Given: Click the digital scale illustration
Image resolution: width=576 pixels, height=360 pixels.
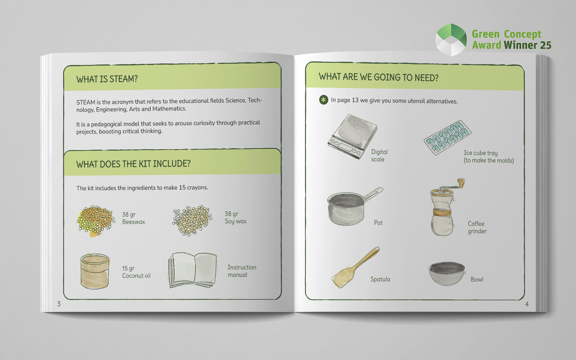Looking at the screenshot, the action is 352,136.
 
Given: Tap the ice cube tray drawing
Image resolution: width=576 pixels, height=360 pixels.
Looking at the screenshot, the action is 448,138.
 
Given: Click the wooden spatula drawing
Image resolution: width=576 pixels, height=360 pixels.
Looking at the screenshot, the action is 355,268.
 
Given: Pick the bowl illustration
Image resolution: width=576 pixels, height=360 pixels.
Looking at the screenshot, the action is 447,274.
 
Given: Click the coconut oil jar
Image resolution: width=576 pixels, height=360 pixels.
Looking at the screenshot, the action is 95,271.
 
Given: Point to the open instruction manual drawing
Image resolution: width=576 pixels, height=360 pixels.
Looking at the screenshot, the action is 192,270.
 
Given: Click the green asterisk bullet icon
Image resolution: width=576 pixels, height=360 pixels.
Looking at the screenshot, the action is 324,100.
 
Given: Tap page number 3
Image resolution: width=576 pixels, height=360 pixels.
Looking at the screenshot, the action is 59,304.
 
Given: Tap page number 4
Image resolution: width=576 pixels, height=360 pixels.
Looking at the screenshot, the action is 527,304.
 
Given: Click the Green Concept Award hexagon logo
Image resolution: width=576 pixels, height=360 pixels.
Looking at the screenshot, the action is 451,40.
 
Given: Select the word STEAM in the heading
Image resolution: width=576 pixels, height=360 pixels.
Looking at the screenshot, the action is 124,79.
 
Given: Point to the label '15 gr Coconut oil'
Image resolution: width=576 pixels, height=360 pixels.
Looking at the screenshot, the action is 136,272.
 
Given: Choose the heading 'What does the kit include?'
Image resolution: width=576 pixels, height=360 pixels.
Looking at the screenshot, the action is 134,164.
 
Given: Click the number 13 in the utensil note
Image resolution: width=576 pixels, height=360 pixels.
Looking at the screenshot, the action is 355,100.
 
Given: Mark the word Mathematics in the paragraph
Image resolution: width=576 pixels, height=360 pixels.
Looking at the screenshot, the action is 169,109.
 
